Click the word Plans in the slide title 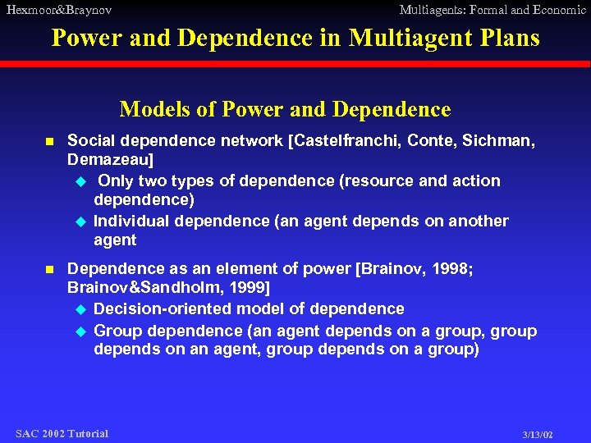[x=511, y=38]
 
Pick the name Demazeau [x=111, y=160]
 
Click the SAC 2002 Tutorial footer [x=62, y=433]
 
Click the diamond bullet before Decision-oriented [x=80, y=309]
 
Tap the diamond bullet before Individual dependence [x=80, y=221]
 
